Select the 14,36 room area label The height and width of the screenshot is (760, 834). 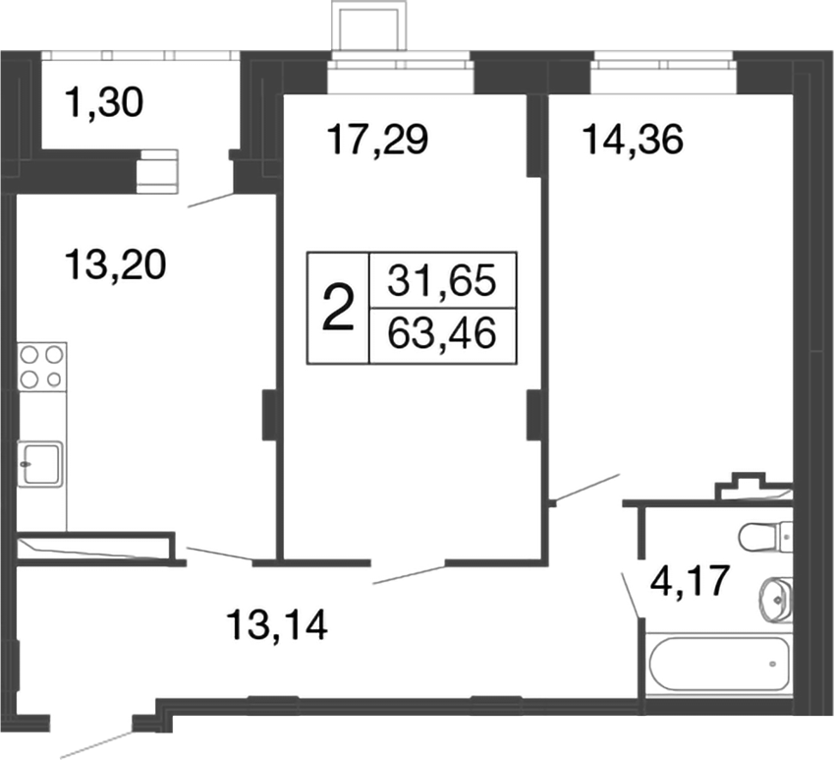[x=632, y=142]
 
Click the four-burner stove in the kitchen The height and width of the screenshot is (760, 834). [x=41, y=366]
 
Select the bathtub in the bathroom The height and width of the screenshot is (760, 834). [x=716, y=665]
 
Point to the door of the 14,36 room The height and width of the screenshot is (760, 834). [x=585, y=488]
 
